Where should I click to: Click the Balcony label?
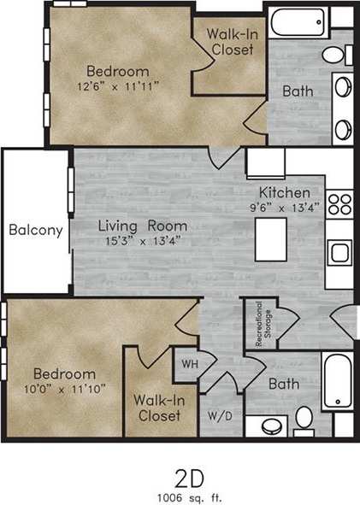35,230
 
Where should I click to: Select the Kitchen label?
286,192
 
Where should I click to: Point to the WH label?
187,362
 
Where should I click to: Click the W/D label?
219,417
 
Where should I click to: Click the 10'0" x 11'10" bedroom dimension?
64,390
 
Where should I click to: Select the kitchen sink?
338,255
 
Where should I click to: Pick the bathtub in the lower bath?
339,381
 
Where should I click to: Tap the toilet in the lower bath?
303,418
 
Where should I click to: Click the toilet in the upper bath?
336,56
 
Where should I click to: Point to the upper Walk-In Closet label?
232,42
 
